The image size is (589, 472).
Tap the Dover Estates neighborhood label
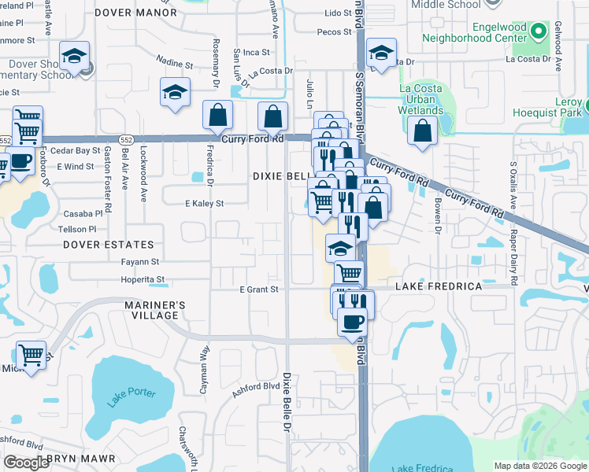point(107,245)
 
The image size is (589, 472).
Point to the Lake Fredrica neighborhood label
point(444,286)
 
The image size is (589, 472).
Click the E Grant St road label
point(260,289)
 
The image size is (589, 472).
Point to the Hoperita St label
point(143,279)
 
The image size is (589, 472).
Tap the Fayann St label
point(140,261)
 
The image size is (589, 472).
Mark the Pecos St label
point(335,32)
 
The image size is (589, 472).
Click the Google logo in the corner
point(27,462)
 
